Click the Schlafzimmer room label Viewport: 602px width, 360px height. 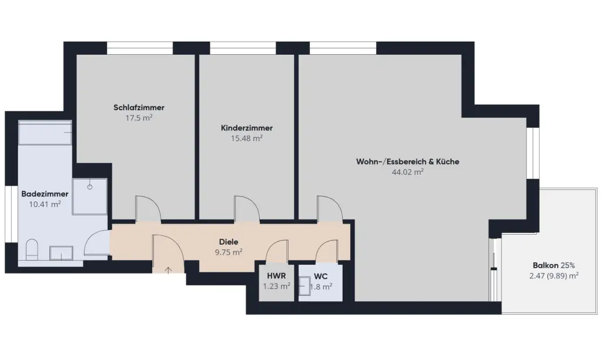(139, 108)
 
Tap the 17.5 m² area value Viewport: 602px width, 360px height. (139, 118)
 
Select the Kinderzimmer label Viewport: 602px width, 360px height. (247, 128)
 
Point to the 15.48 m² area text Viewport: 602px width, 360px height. (247, 138)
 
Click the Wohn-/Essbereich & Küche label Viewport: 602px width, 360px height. (408, 162)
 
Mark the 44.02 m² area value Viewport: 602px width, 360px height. (408, 172)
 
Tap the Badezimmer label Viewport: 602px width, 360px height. (45, 194)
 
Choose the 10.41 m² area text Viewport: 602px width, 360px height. (45, 204)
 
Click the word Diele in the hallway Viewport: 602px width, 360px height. (229, 242)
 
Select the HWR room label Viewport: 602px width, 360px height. (276, 276)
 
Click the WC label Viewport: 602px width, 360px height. (320, 276)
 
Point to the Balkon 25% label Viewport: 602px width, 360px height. (554, 265)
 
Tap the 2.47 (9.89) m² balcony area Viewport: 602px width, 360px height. (554, 276)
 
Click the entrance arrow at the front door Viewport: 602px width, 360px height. (168, 270)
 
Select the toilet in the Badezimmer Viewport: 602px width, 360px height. (32, 250)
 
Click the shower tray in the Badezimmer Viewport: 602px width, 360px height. (90, 196)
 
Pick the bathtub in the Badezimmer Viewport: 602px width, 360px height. (45, 132)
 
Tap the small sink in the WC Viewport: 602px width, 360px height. (305, 286)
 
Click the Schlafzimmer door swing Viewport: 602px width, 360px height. (149, 209)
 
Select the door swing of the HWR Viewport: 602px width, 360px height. (277, 252)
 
